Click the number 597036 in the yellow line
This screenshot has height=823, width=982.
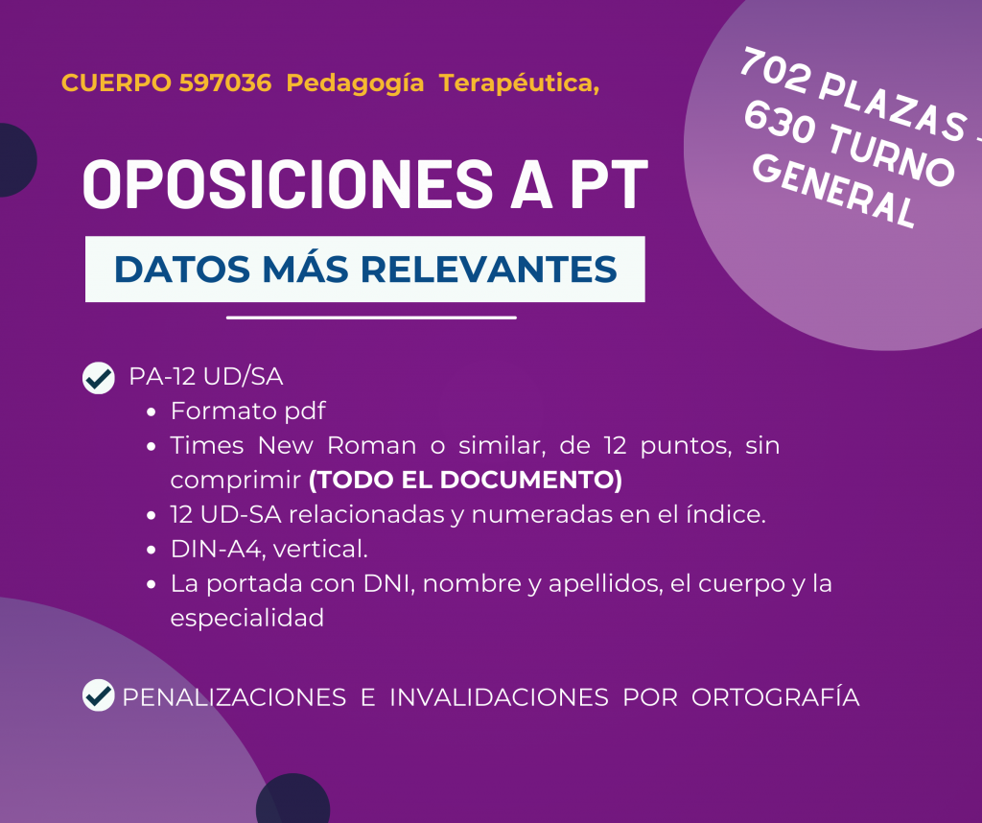click(x=224, y=82)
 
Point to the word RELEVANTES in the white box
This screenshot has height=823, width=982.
click(x=488, y=269)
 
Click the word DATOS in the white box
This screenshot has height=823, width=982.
click(x=182, y=269)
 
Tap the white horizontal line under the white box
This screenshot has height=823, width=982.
click(x=371, y=317)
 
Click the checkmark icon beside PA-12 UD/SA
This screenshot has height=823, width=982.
click(x=99, y=378)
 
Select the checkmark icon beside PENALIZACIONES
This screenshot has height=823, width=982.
click(x=99, y=695)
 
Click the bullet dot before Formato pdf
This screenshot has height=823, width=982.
click(x=151, y=412)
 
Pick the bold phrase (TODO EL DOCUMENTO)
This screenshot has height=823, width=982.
click(x=465, y=480)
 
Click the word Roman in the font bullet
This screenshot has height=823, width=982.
click(x=371, y=445)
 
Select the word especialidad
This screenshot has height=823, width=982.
click(x=247, y=618)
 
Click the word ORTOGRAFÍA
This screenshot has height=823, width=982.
click(x=775, y=697)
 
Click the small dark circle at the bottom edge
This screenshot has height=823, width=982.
click(x=293, y=799)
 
